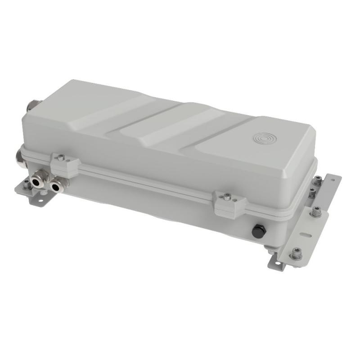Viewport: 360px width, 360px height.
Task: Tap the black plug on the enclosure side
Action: click(x=257, y=232)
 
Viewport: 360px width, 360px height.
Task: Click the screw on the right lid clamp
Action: click(x=228, y=196)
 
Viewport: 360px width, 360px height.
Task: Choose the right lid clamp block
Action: click(x=229, y=203)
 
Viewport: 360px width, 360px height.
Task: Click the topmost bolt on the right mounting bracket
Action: click(x=317, y=181)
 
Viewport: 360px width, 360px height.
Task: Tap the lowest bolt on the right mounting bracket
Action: click(x=296, y=254)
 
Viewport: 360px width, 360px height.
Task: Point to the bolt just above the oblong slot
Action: click(x=316, y=211)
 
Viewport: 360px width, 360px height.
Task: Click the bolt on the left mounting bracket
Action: click(x=27, y=184)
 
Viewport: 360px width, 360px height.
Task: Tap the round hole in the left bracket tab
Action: click(x=40, y=200)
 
